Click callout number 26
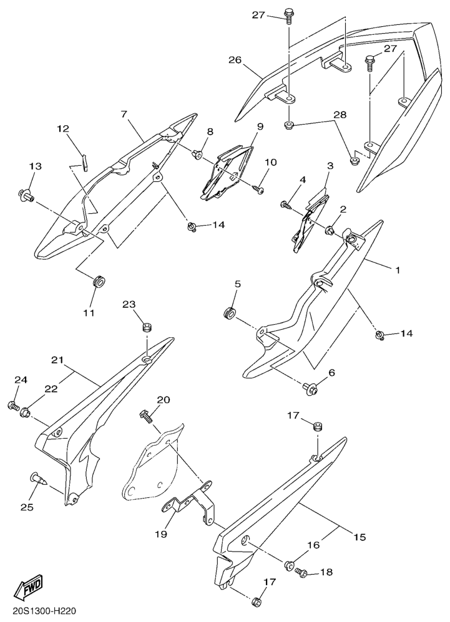tap(235, 60)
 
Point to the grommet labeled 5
tap(229, 312)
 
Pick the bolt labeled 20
tap(146, 417)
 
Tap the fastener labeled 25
tap(39, 479)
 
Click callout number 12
tap(63, 128)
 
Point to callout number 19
tap(161, 533)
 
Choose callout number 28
tap(340, 115)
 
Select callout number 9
tap(260, 127)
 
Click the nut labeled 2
tap(330, 229)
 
